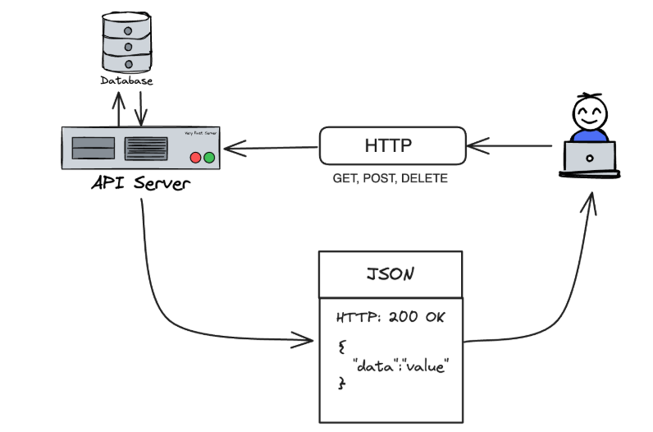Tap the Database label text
point(127,81)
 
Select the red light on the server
point(195,157)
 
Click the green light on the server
point(209,157)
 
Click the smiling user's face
point(589,113)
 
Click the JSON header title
point(390,274)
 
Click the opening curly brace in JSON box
point(341,348)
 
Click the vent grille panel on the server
point(146,149)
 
